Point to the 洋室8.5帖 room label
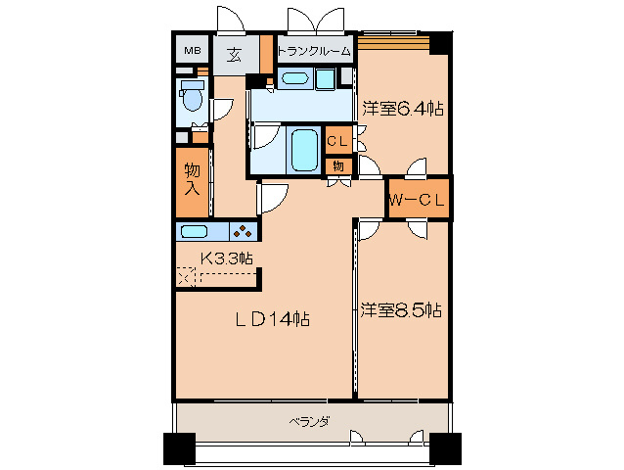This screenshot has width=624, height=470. point(400,310)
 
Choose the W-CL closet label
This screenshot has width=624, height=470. point(418,200)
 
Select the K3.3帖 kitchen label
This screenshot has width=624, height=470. point(227,258)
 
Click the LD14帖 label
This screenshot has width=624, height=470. point(271,318)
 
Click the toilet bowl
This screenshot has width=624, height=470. point(191,97)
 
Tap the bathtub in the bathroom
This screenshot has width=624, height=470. point(305,150)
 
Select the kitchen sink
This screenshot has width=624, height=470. point(194,232)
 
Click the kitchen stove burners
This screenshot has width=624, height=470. point(242,231)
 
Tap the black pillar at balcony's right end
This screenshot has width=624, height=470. point(444,448)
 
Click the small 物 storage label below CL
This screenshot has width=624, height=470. point(337,164)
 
